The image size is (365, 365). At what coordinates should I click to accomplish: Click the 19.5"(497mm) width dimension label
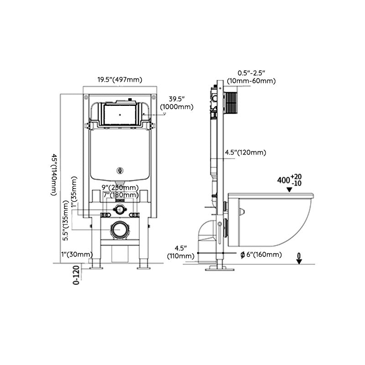coord(120,79)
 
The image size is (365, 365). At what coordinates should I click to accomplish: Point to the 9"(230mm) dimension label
coord(120,188)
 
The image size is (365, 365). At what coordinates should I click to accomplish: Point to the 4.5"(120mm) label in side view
coord(245,152)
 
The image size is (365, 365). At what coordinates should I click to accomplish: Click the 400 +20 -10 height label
coord(290,179)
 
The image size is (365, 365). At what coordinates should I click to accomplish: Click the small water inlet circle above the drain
coord(120,210)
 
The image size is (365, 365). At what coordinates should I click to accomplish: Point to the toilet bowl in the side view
coord(269,219)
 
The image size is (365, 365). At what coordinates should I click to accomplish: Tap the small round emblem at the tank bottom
coord(120,172)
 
